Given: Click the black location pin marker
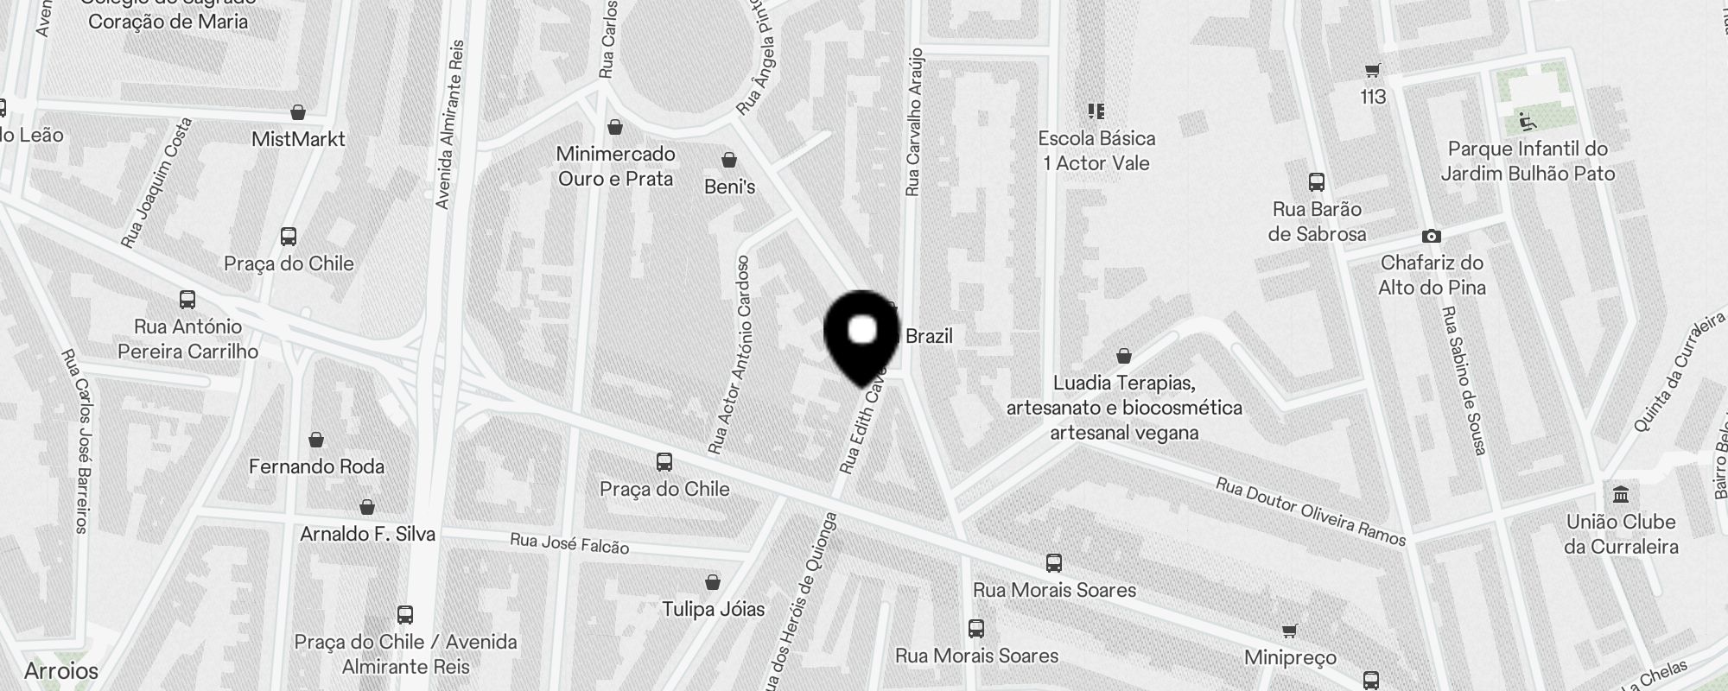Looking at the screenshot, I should click(862, 336).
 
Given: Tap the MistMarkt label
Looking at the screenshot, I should click(298, 139).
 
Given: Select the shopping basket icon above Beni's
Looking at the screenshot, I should click(729, 161).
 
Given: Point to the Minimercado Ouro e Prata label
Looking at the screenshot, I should click(615, 166).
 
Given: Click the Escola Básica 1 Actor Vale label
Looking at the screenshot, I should click(1096, 150).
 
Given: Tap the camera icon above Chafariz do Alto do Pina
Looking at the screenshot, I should click(1431, 236).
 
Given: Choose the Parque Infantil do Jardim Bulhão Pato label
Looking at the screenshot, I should click(1528, 161).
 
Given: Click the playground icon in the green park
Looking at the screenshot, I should click(1527, 121).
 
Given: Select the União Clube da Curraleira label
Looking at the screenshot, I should click(1621, 534).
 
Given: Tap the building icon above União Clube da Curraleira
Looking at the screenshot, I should click(1621, 495).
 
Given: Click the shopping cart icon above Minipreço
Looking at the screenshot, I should click(1289, 631).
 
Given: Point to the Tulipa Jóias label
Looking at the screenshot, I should click(713, 610).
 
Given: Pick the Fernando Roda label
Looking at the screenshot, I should click(316, 466).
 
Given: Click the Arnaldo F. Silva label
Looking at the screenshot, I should click(367, 534).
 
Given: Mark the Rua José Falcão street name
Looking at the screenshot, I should click(569, 543).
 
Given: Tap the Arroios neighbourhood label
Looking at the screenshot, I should click(61, 670).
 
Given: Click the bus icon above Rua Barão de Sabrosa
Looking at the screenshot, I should click(1317, 182).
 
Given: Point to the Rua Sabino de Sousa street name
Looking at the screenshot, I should click(1464, 380).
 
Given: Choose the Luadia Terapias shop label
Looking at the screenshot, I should click(1124, 408).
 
